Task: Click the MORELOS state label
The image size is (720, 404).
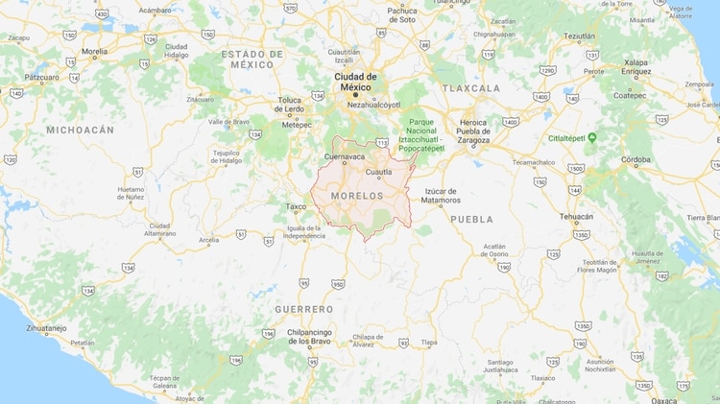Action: coord(356,196)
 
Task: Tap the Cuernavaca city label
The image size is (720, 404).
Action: coord(346,155)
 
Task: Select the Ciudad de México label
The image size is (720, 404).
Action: coord(356,82)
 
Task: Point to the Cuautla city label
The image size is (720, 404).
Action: coord(379,172)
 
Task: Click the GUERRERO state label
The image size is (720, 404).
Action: coord(303,309)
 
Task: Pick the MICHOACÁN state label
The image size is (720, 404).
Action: coord(80,130)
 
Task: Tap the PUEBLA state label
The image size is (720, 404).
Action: coord(471,219)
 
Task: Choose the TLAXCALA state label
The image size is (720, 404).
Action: coord(471,88)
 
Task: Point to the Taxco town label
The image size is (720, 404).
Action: coord(296,206)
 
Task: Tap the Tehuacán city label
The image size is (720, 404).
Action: coord(576,216)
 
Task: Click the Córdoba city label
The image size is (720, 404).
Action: coord(636,159)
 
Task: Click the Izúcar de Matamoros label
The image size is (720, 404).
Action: coord(440,196)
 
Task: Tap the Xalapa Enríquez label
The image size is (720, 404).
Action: coord(636,67)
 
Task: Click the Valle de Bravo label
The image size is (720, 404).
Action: coord(228,122)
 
